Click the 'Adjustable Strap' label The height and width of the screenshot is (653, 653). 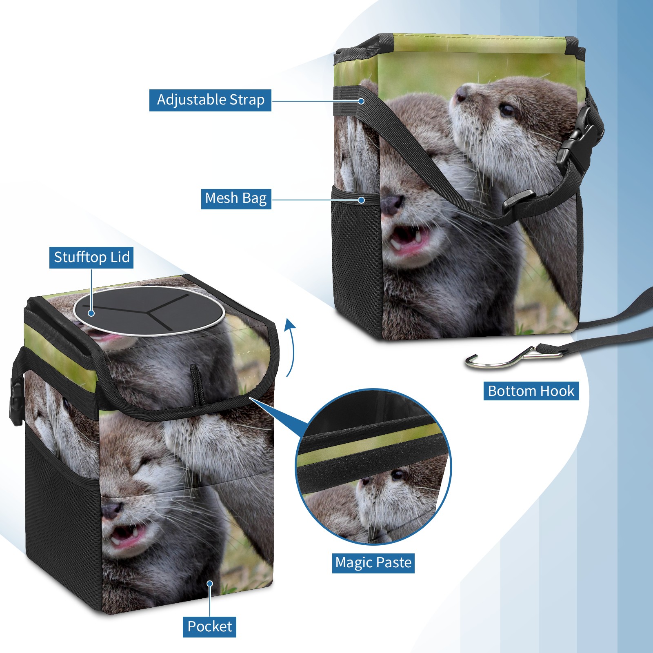pos(210,100)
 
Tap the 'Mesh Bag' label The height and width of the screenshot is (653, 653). pos(236,199)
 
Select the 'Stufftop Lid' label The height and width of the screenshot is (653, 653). pos(91,258)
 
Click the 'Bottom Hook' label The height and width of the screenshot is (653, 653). pos(531,391)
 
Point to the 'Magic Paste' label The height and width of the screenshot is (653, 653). pos(373,563)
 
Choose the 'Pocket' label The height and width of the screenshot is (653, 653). pos(209,626)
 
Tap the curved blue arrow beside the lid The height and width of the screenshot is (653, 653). pos(290,347)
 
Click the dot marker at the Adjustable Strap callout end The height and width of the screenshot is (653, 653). pos(361,100)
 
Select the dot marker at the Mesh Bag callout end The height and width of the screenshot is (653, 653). pos(361,200)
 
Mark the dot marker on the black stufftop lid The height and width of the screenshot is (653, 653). pos(91,313)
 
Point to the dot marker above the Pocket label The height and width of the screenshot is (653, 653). pos(210,584)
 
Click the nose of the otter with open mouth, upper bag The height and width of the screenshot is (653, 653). pos(392,203)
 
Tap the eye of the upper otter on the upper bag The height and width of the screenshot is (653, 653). pos(507,110)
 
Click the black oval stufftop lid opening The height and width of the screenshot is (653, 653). pos(149,311)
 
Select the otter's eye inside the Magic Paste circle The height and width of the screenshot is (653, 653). pos(397,475)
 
